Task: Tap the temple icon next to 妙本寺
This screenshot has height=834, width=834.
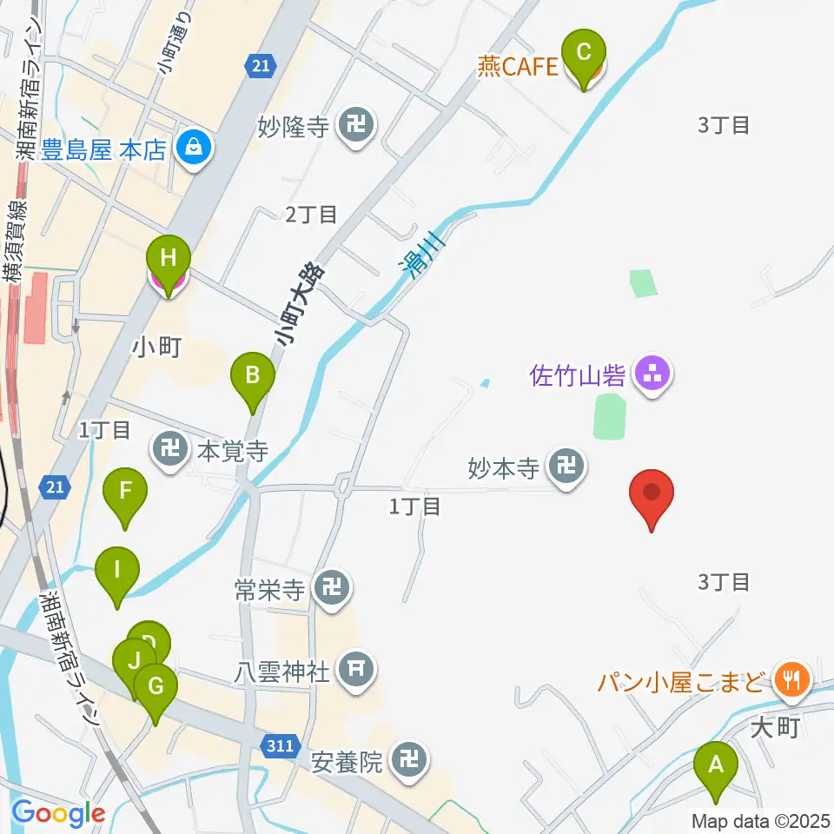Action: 566,469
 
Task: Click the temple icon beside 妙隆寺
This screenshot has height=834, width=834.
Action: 356,127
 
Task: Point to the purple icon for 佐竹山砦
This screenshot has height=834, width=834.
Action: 652,375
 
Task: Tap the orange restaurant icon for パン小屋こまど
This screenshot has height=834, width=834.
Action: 791,678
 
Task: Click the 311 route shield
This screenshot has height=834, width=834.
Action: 280,745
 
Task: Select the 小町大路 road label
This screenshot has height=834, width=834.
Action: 301,304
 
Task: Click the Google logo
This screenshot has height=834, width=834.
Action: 58,814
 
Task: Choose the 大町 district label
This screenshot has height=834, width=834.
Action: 775,726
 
